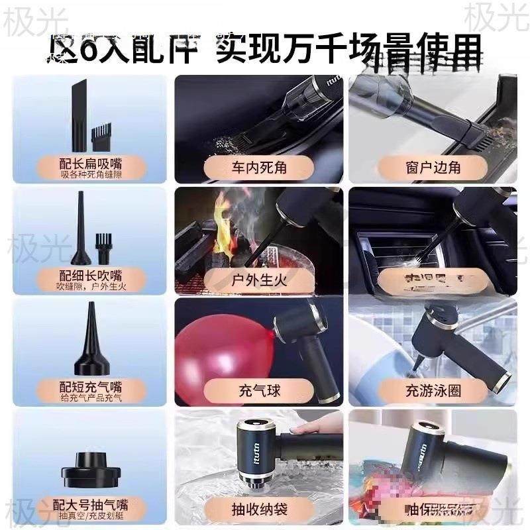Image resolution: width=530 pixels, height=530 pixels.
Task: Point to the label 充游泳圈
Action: pos(433,390)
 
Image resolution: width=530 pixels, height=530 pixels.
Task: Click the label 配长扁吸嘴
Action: pos(91,163)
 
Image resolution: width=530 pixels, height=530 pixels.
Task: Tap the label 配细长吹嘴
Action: pos(91,275)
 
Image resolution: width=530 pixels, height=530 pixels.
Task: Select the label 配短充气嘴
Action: pos(91,387)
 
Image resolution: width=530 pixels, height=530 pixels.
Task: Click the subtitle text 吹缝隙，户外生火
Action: pos(91,286)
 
